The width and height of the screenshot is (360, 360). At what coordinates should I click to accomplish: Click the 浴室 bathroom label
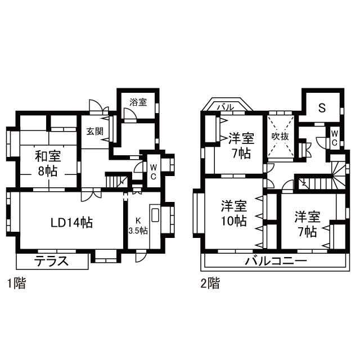(138, 102)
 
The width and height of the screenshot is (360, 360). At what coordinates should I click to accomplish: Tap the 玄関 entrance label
(95, 131)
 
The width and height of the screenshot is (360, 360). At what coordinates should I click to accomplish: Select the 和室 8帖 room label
(48, 164)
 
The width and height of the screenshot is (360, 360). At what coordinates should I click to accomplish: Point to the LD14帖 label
(71, 223)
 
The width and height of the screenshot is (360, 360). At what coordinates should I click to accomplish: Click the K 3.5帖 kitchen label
(138, 226)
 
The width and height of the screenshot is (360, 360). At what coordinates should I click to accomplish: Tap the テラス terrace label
(51, 261)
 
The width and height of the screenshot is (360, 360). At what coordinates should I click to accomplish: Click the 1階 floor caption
(16, 283)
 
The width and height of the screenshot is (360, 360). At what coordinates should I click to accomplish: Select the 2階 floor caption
(210, 283)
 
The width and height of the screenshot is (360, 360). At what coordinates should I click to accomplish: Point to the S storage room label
(322, 107)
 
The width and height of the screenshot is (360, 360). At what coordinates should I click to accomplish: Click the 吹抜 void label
(280, 137)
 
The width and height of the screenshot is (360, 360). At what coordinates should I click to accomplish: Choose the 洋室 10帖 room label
(234, 213)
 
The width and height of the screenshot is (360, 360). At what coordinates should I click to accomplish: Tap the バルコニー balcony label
(276, 261)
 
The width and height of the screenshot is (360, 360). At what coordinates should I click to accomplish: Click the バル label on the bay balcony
(226, 107)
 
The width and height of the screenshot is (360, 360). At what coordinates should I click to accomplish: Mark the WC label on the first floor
(153, 172)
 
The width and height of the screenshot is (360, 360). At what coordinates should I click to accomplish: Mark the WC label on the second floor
(334, 138)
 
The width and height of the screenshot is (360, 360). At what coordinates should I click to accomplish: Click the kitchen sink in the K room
(155, 215)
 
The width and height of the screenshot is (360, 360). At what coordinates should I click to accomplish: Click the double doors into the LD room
(91, 195)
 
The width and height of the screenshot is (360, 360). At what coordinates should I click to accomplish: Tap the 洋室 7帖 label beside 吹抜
(241, 146)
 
